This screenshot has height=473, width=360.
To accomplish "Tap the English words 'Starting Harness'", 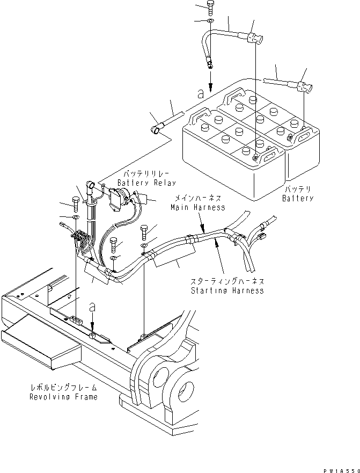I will (227, 290).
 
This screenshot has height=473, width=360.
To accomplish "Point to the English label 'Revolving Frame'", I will (64, 397).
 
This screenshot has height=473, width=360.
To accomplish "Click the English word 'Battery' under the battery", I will (297, 198).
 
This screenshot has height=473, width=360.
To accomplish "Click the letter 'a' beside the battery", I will (201, 93).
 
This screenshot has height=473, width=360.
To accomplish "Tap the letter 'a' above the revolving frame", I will (93, 308).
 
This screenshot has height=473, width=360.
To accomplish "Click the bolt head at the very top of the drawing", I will (210, 7).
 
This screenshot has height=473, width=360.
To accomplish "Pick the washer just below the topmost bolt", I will (210, 21).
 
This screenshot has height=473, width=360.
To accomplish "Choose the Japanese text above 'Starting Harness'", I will (227, 281).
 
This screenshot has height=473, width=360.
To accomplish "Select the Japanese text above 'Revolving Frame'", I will (64, 388).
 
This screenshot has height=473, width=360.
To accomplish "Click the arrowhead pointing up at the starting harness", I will (216, 242).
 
